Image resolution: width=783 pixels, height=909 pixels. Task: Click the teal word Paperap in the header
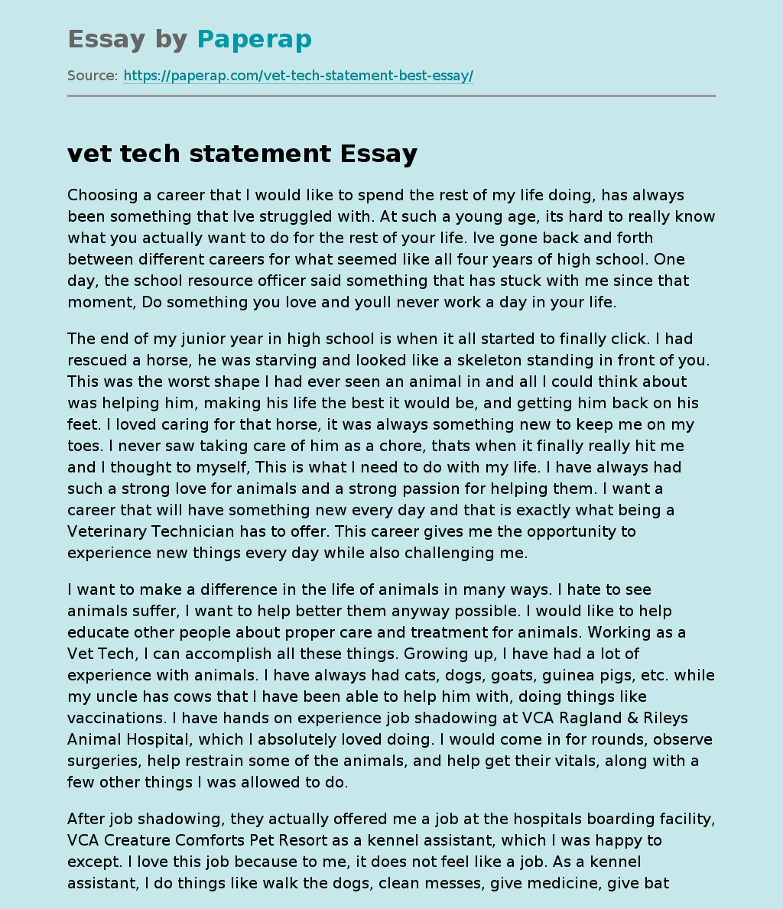(254, 39)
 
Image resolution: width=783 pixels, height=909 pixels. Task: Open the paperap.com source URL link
(298, 76)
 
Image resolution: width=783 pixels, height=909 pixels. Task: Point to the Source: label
(93, 76)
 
